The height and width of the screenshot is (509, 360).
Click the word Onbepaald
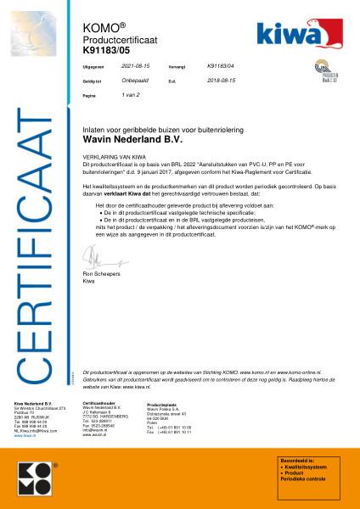(x=135, y=81)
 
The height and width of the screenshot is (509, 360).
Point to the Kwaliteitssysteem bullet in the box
(x=307, y=467)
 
